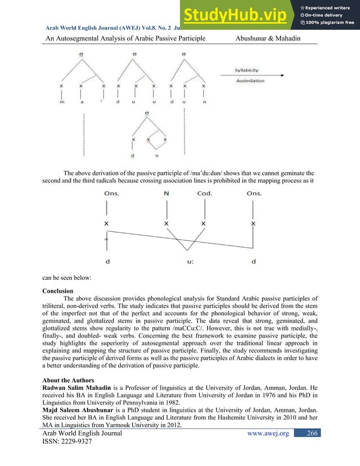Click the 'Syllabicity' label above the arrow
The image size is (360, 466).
tap(247, 70)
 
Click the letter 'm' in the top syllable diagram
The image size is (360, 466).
tap(62, 103)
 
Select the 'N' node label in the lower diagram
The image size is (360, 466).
tap(166, 194)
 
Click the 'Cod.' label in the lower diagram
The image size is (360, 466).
tap(204, 194)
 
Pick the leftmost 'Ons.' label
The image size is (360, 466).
tap(111, 194)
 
